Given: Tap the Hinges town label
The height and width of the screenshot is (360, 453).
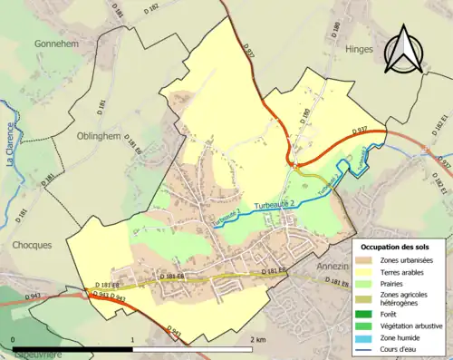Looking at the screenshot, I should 360,52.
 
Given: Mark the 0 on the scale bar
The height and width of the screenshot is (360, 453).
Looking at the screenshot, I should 14,339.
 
